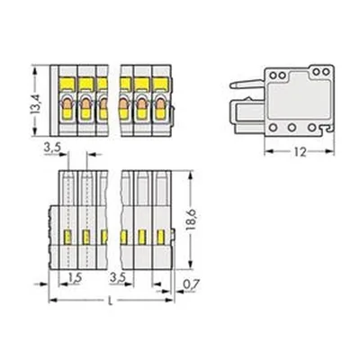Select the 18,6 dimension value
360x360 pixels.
[x=191, y=220]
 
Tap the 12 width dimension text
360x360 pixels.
[x=300, y=153]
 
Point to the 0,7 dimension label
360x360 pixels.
[x=191, y=284]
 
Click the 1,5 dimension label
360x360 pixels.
[x=75, y=278]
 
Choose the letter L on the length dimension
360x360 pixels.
[x=111, y=301]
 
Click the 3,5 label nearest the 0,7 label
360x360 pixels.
[x=117, y=278]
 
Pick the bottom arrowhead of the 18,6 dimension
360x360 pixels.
[x=190, y=265]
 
